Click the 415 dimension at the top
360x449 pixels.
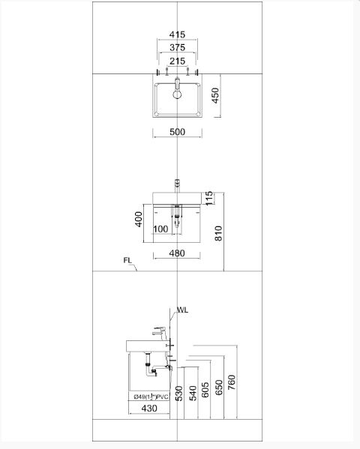tap(177, 35)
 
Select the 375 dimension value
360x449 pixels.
tap(177, 48)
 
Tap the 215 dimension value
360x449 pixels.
tap(177, 61)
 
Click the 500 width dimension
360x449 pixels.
tap(177, 132)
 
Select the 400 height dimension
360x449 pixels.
tap(139, 220)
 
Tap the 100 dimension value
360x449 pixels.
tap(160, 229)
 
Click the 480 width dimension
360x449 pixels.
tap(177, 253)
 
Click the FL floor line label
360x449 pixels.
tap(128, 262)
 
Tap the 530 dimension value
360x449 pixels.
tap(179, 393)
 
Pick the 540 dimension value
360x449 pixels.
tap(193, 393)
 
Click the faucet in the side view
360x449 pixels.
tap(160, 331)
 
